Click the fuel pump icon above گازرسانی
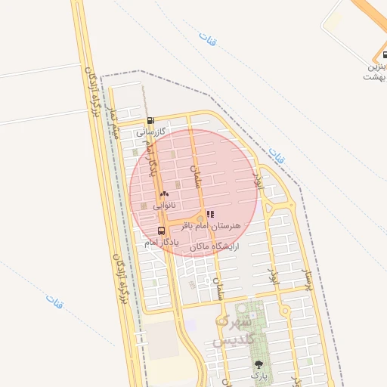point(150,121)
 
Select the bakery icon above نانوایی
point(164,194)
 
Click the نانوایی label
point(164,205)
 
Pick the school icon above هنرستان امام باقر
point(210,215)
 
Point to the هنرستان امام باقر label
point(212,226)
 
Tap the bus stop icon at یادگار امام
point(160,231)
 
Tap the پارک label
point(259,374)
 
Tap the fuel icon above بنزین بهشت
point(378,55)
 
